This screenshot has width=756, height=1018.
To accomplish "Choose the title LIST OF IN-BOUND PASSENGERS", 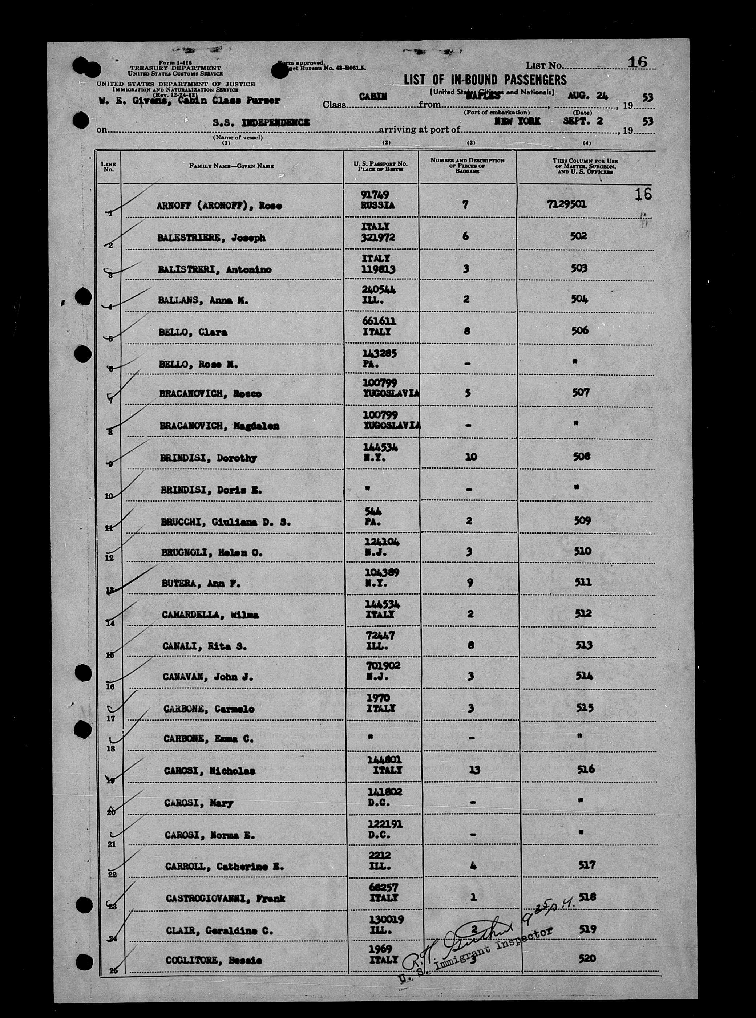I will click(x=485, y=80).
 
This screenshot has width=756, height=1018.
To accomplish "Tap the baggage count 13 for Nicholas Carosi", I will click(x=474, y=770).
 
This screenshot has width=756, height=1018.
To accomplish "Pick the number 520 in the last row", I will click(x=587, y=958).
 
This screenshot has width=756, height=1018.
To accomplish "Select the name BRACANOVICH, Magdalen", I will click(x=219, y=426).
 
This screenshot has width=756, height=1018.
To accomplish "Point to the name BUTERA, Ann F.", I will click(x=201, y=584).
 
